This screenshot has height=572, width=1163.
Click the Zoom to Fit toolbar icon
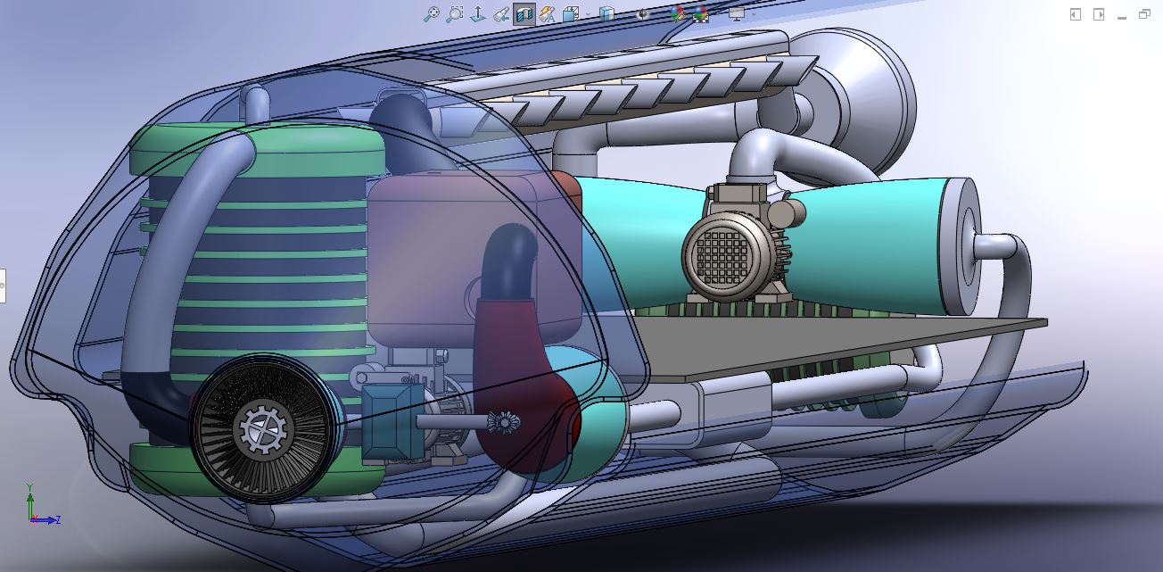click(x=432, y=14)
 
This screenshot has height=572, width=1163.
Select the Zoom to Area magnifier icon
click(x=455, y=14)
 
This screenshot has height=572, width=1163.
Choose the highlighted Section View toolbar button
click(x=524, y=14)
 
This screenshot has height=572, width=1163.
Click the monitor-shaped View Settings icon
click(x=736, y=14)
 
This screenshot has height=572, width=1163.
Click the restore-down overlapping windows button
click(x=1144, y=14)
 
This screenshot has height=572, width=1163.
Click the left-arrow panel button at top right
click(x=1076, y=14)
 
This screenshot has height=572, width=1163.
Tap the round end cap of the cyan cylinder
click(x=961, y=246)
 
